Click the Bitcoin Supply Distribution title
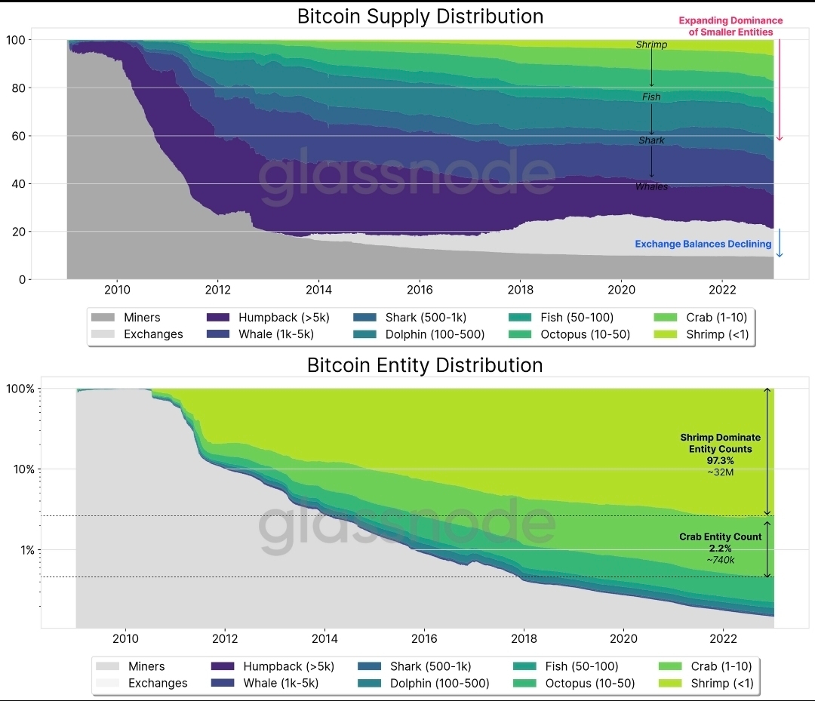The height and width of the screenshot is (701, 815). pyautogui.click(x=420, y=17)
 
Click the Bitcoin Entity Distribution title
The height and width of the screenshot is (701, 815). pyautogui.click(x=425, y=365)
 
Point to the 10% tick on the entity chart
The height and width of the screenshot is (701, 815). pyautogui.click(x=21, y=469)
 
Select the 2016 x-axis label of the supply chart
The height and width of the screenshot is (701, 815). pyautogui.click(x=420, y=291)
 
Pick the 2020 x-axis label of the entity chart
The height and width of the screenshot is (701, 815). pyautogui.click(x=623, y=639)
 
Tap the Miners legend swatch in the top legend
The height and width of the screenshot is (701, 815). pyautogui.click(x=103, y=318)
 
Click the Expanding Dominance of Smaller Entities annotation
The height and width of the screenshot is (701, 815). pyautogui.click(x=730, y=26)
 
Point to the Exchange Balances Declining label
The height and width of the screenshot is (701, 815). pyautogui.click(x=703, y=244)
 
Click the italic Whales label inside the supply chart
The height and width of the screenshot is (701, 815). pyautogui.click(x=651, y=186)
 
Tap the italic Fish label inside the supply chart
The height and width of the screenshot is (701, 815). pyautogui.click(x=651, y=97)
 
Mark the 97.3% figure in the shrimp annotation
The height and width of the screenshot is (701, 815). pyautogui.click(x=721, y=460)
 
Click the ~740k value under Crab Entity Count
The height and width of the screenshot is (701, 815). pyautogui.click(x=721, y=560)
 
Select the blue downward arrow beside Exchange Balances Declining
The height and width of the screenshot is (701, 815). pyautogui.click(x=780, y=243)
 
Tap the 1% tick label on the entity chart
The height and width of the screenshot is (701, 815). pyautogui.click(x=27, y=550)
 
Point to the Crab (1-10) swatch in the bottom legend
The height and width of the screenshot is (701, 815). pyautogui.click(x=671, y=667)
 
